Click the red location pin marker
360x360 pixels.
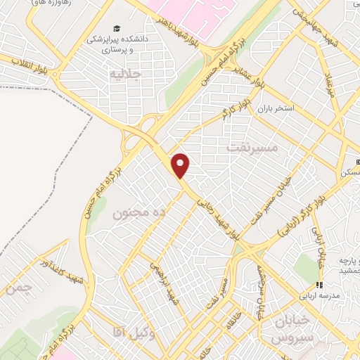(181, 165)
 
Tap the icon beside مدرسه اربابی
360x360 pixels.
(319, 285)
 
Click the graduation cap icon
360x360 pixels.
(116, 30)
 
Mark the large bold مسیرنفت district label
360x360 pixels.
(254, 148)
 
